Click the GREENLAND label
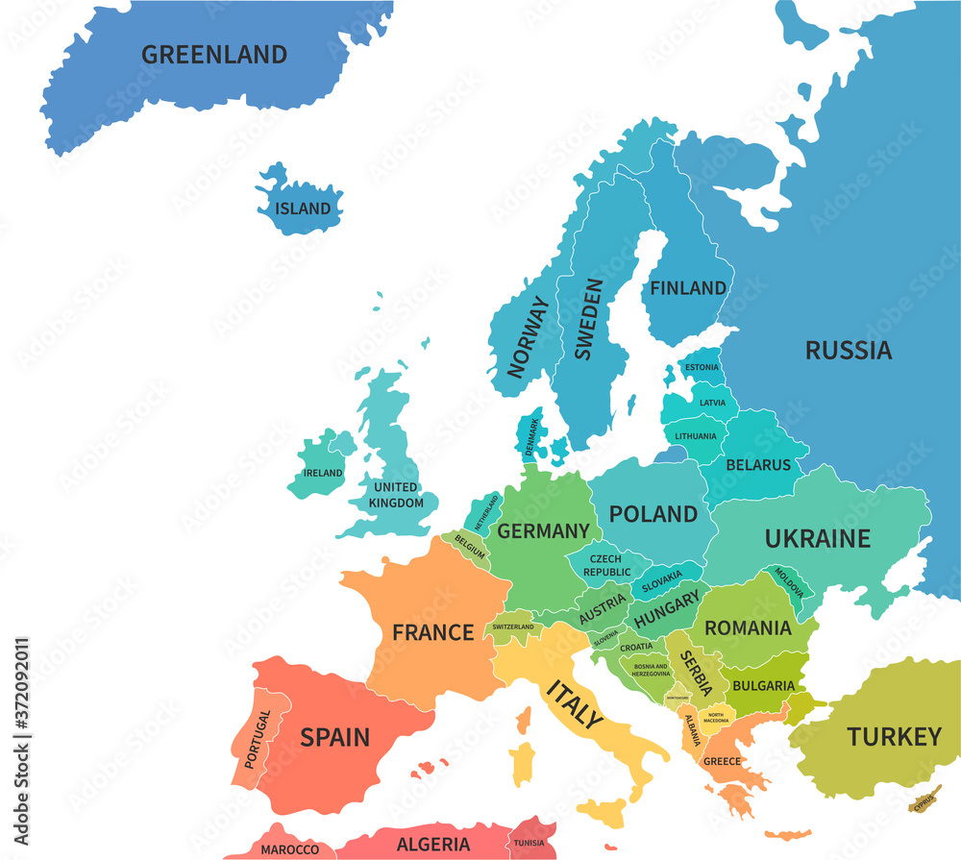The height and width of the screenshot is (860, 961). [213, 55]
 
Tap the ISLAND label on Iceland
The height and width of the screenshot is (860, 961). [303, 209]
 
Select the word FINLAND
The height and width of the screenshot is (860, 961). [688, 287]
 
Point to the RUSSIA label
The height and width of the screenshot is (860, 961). [848, 351]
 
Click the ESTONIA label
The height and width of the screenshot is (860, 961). [701, 367]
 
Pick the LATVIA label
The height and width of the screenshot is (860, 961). [712, 403]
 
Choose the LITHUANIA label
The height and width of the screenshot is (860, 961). [695, 436]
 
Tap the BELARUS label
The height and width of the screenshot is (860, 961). [758, 465]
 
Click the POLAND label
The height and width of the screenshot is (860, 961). [653, 514]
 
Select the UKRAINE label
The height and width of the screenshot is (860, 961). [817, 539]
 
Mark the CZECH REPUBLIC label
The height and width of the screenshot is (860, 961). [604, 565]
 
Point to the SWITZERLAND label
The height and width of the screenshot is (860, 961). [512, 627]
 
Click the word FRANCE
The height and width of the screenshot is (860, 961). [432, 632]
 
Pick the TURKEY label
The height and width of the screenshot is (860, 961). [894, 737]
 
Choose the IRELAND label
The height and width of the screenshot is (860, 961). [323, 473]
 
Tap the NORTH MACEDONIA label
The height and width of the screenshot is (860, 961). [716, 718]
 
